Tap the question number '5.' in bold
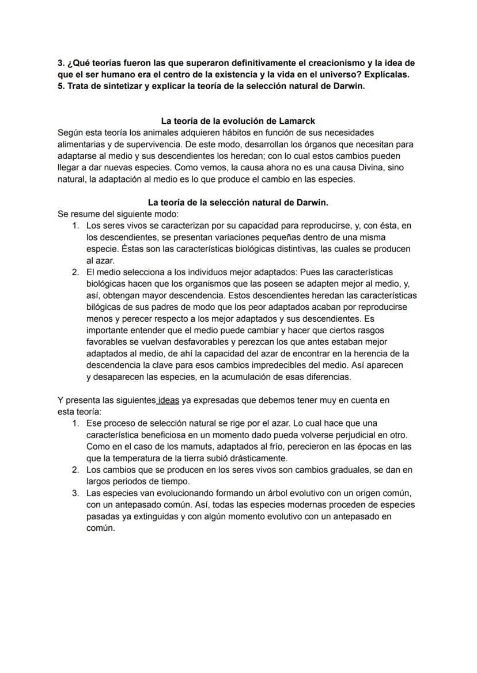click(x=62, y=86)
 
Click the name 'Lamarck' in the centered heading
click(x=294, y=121)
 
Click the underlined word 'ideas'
click(x=168, y=400)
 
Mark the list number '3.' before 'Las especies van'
click(x=75, y=493)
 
